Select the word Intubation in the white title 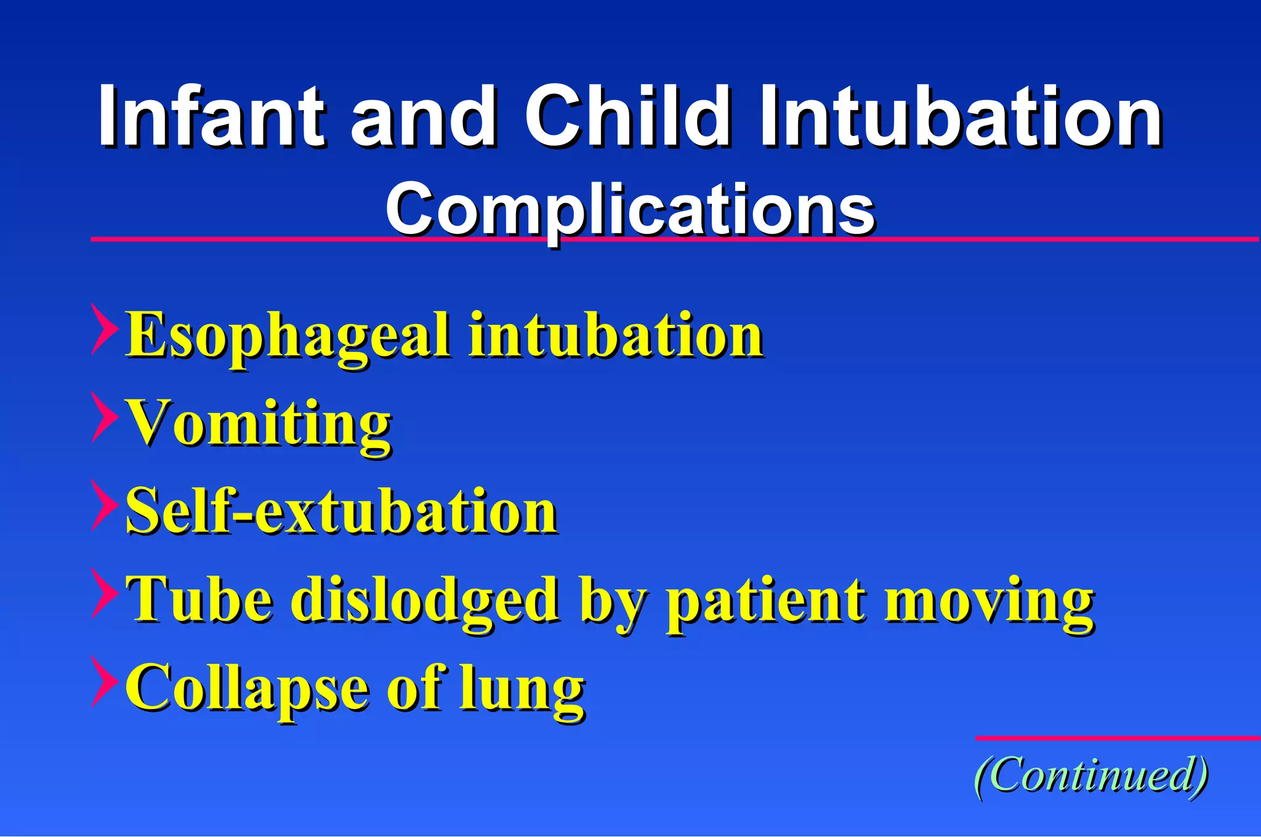point(961,117)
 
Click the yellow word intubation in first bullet point(616,335)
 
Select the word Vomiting point(259,423)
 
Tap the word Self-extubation point(342,511)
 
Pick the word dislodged point(425,599)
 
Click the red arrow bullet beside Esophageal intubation point(103,329)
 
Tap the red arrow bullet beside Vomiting point(103,417)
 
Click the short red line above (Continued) point(1118,737)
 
